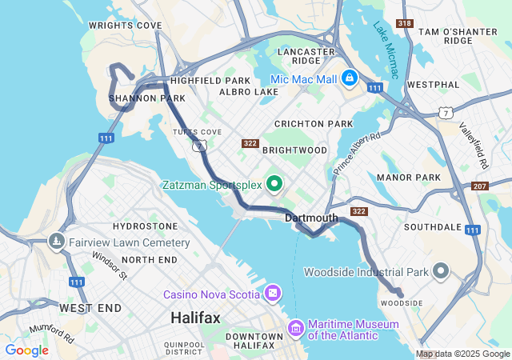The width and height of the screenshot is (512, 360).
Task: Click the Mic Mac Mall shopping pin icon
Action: click(x=350, y=78)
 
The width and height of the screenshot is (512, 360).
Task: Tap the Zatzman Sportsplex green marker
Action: click(x=275, y=185)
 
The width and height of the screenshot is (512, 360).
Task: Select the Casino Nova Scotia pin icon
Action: click(x=274, y=294)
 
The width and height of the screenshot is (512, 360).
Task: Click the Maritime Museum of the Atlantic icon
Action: click(x=296, y=328)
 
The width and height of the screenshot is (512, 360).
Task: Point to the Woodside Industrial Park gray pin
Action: click(x=441, y=271)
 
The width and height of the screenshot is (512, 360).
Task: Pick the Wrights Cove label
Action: click(x=126, y=26)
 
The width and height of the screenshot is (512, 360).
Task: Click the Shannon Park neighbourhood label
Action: click(x=146, y=98)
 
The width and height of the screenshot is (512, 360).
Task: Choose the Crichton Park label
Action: click(x=314, y=124)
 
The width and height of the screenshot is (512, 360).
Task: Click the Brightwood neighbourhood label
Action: click(x=294, y=150)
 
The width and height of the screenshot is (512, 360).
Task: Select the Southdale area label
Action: click(x=433, y=227)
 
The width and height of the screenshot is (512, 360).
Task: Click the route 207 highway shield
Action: click(x=480, y=186)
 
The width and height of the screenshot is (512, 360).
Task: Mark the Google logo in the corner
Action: click(x=26, y=350)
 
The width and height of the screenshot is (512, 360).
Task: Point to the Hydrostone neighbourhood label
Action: click(x=145, y=226)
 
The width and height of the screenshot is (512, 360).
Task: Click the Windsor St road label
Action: click(x=110, y=266)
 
